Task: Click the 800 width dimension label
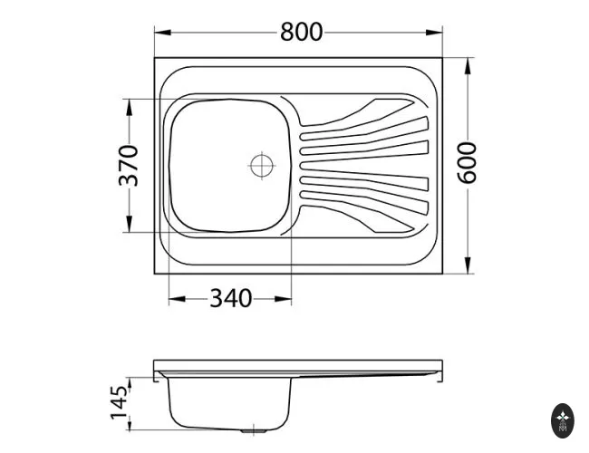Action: (x=301, y=32)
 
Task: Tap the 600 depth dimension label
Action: (x=467, y=163)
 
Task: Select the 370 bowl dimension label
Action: (x=129, y=166)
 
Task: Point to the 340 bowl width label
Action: (x=230, y=299)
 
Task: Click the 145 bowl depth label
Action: (x=119, y=402)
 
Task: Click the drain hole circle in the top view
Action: (x=262, y=165)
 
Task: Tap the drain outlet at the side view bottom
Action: (x=254, y=431)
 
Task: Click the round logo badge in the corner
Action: (x=563, y=420)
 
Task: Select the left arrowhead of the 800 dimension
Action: (x=162, y=33)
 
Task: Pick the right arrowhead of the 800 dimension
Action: (x=434, y=33)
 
